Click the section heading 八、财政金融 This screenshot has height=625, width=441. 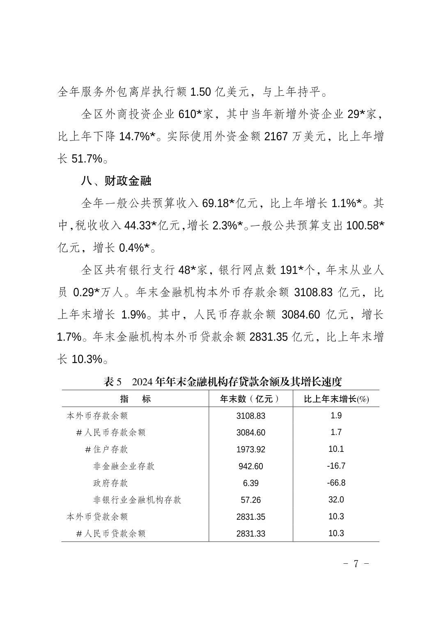117,181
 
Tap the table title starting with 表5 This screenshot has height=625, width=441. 223,382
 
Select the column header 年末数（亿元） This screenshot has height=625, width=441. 250,399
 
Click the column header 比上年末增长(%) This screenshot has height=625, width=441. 336,399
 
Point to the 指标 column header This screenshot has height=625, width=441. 135,399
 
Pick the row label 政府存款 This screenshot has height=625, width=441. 110,483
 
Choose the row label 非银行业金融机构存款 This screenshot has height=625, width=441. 137,500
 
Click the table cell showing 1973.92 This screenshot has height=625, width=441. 250,449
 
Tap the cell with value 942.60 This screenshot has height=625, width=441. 250,466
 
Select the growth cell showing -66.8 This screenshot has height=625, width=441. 336,483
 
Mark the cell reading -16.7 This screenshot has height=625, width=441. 336,466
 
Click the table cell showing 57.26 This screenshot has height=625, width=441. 250,500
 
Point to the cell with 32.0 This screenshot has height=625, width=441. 336,500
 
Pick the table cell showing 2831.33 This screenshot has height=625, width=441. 250,534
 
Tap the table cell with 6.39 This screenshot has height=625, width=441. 250,483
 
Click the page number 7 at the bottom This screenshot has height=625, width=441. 356,563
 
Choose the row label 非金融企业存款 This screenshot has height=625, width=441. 124,466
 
